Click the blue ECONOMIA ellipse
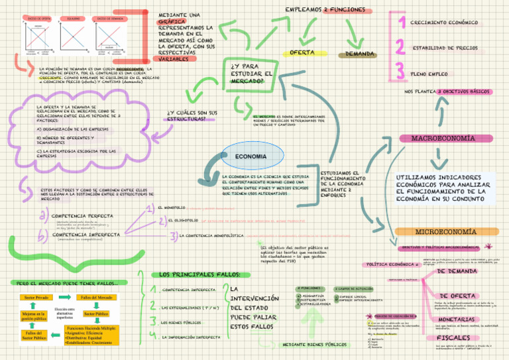point(251,156)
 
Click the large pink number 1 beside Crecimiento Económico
point(400,23)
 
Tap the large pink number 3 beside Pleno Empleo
point(400,72)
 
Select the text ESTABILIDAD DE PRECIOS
point(445,48)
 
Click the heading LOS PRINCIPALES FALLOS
point(192,274)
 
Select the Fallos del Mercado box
point(96,298)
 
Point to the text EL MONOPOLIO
point(171,189)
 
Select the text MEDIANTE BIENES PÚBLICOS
point(315,345)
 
